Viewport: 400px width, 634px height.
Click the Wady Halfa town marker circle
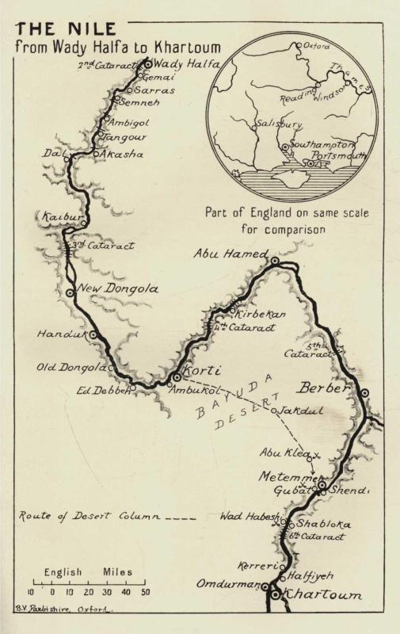[147, 63]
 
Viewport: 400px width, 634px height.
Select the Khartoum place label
[322, 594]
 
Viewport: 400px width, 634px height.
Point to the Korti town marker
[177, 376]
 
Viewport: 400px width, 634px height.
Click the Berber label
[323, 388]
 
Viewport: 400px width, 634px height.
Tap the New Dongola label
[118, 289]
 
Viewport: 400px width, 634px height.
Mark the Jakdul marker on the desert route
[273, 411]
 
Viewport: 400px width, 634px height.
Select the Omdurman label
[229, 585]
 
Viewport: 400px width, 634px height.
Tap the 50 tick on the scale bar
[145, 591]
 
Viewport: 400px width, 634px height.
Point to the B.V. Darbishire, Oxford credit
[64, 610]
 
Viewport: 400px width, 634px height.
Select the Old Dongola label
[70, 367]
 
